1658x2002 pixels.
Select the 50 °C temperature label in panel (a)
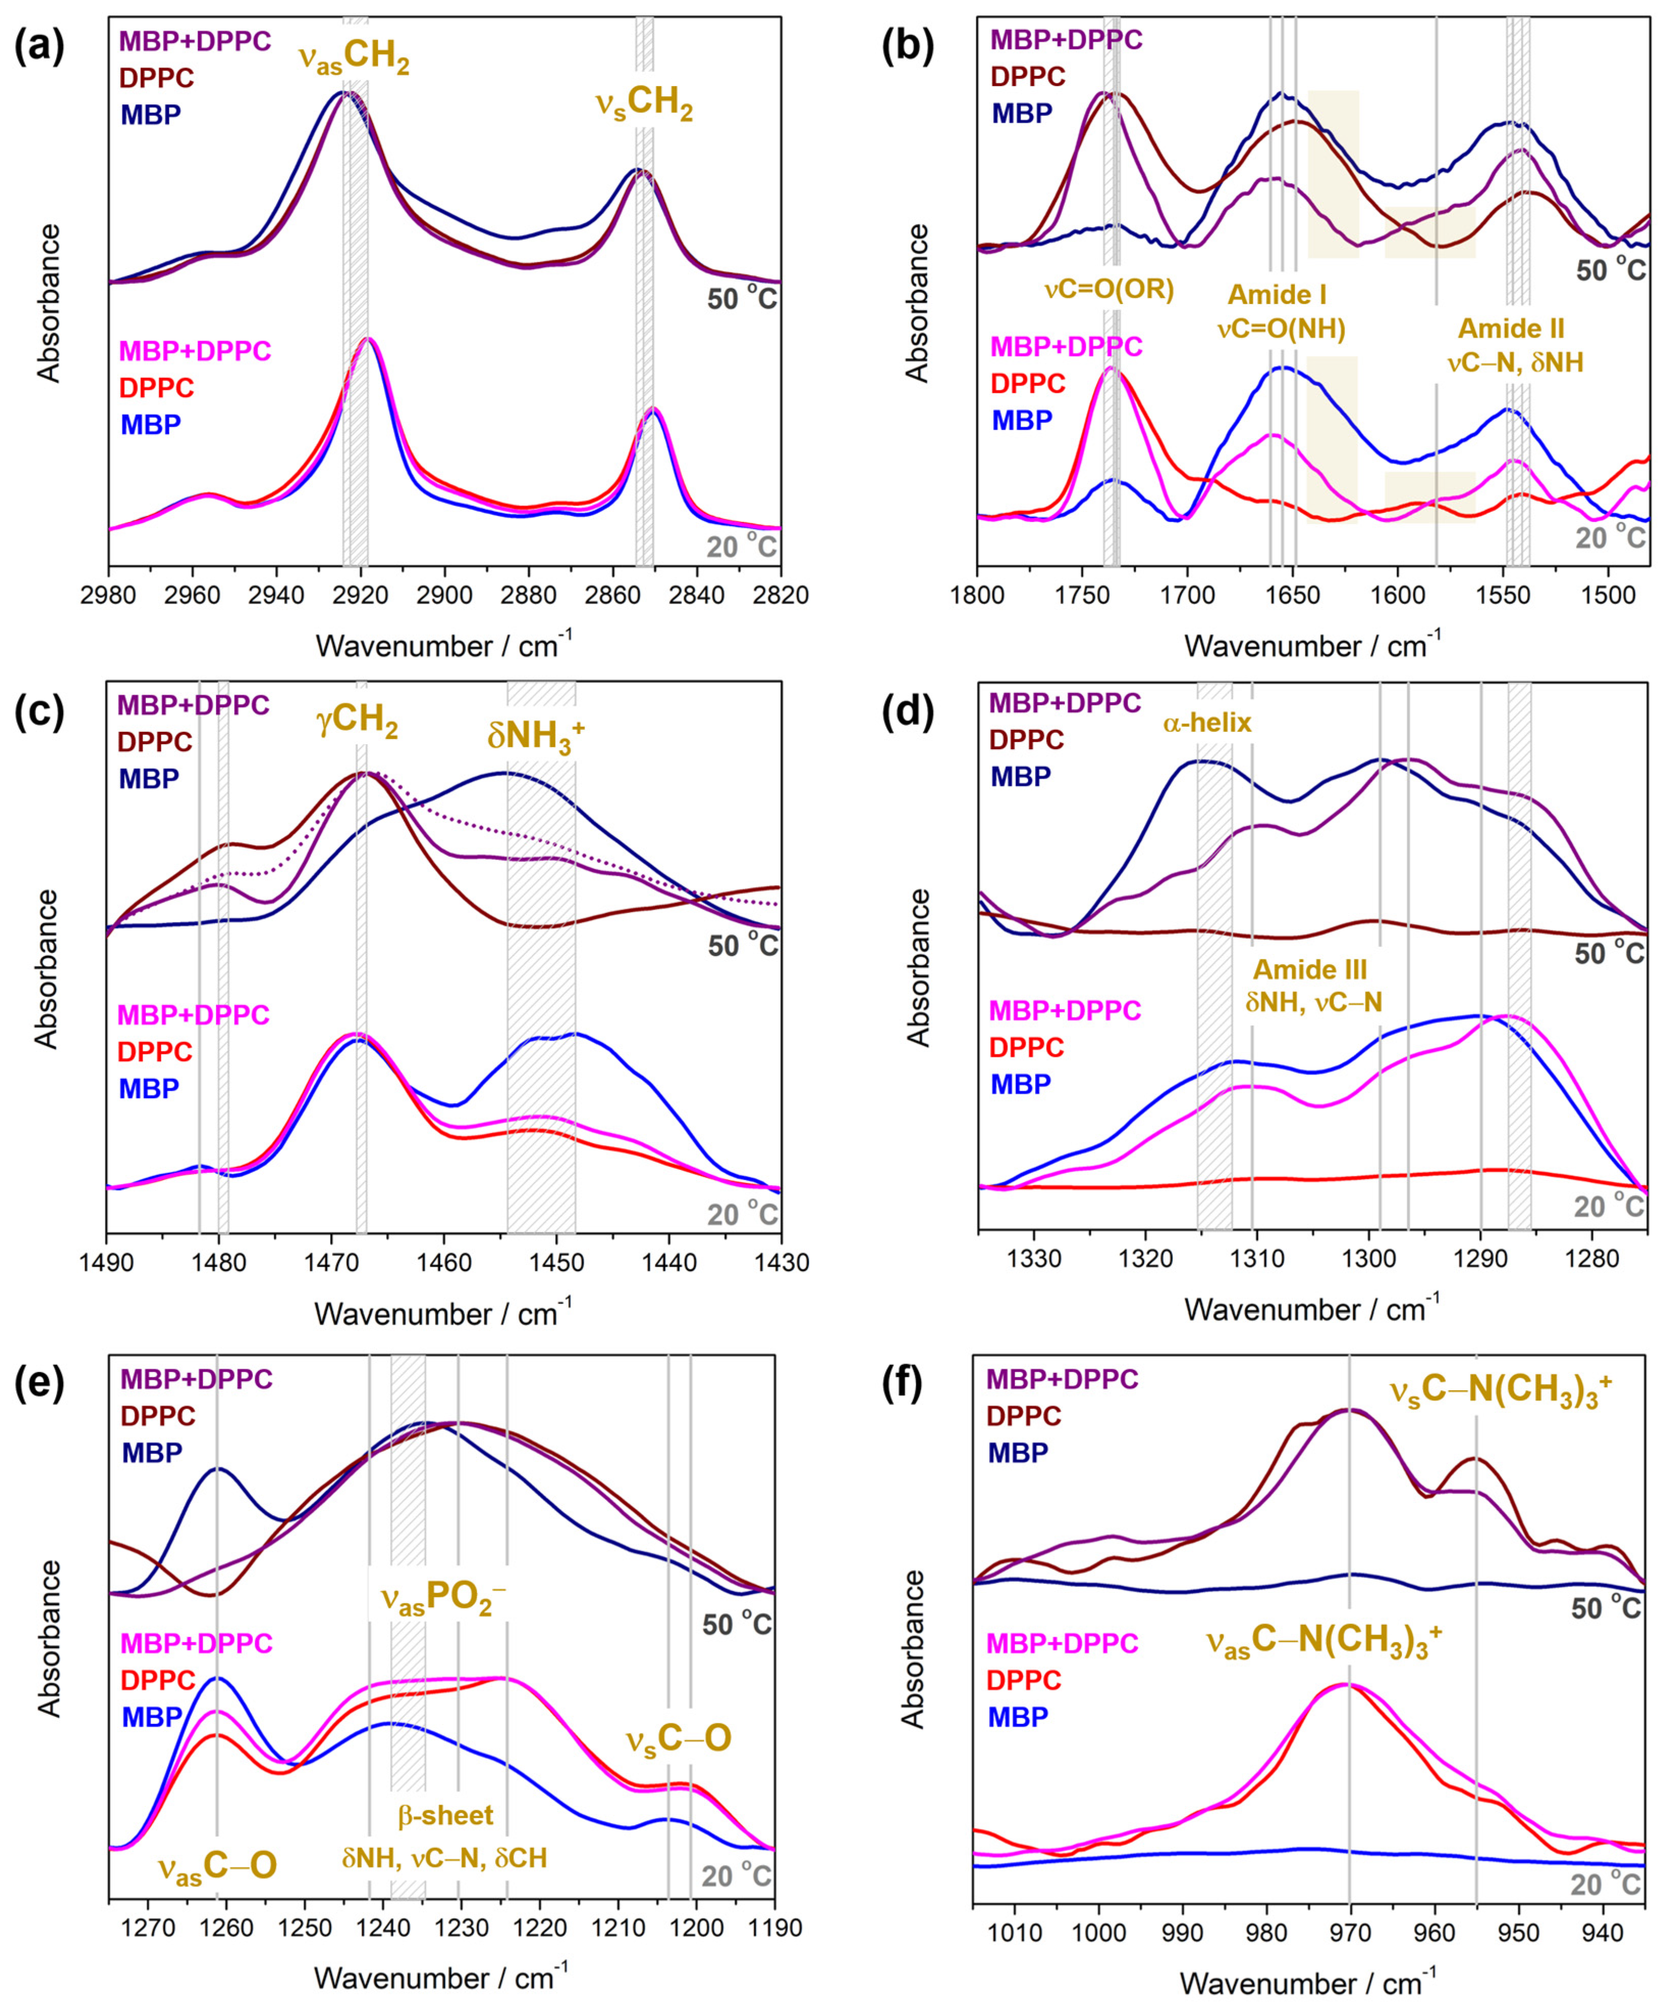coord(742,298)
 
